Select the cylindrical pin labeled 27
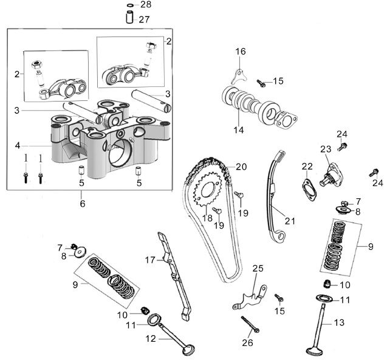(x=130, y=18)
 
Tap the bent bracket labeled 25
(x=253, y=295)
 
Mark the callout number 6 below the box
(x=82, y=204)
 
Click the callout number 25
(x=258, y=268)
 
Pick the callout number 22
(x=307, y=166)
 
